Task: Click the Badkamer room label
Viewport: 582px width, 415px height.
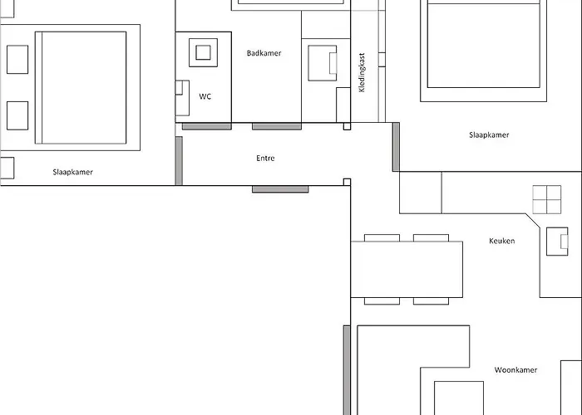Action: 264,53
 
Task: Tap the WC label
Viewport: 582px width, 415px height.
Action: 205,96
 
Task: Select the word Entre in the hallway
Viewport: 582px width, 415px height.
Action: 265,158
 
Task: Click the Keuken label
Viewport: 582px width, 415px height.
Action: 501,241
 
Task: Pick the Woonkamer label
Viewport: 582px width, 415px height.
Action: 515,370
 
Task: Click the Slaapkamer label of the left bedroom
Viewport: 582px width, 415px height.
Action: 72,173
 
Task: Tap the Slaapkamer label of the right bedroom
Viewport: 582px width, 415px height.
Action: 489,134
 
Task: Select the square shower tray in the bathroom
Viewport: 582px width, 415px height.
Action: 203,54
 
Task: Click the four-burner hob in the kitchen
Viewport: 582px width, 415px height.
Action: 547,199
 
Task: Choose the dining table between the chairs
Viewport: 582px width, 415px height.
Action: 407,271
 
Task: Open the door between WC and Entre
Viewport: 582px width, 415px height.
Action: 206,126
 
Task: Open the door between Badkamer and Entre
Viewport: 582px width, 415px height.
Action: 277,126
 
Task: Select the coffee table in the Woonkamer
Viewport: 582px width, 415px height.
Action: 459,398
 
